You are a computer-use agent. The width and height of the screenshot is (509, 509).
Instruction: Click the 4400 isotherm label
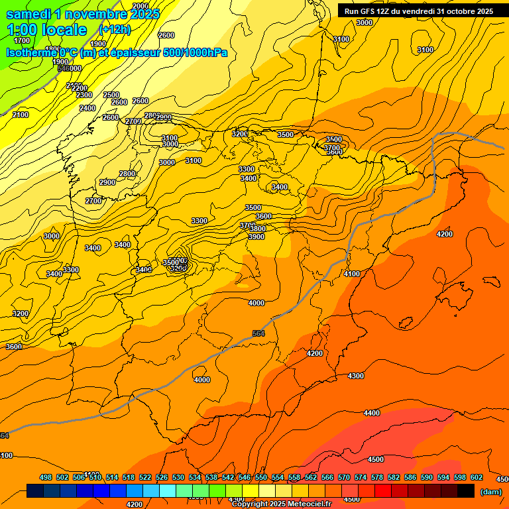pos(372,413)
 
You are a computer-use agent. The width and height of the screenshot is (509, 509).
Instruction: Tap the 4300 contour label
pos(356,376)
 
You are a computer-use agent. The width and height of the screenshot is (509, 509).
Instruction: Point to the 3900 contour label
pos(256,237)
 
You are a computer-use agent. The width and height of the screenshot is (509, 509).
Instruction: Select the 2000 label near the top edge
pos(141,6)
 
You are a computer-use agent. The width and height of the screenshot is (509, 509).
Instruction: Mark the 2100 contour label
pos(21,115)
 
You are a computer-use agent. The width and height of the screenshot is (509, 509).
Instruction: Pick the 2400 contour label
pos(87,108)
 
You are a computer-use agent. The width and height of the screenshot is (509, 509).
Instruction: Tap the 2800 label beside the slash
pos(127,174)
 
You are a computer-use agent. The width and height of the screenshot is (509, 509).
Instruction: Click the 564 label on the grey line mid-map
pos(258,333)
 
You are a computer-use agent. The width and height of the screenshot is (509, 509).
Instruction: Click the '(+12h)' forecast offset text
pos(115,29)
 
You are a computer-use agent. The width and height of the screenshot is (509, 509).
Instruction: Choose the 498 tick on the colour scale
pos(46,477)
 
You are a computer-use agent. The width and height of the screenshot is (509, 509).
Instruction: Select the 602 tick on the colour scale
pos(477,477)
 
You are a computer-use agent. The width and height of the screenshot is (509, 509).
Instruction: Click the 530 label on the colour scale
pos(178,477)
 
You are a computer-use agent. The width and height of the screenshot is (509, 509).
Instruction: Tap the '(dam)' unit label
pos(490,491)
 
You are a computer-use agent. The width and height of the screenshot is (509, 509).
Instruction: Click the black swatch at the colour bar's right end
pos(466,491)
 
